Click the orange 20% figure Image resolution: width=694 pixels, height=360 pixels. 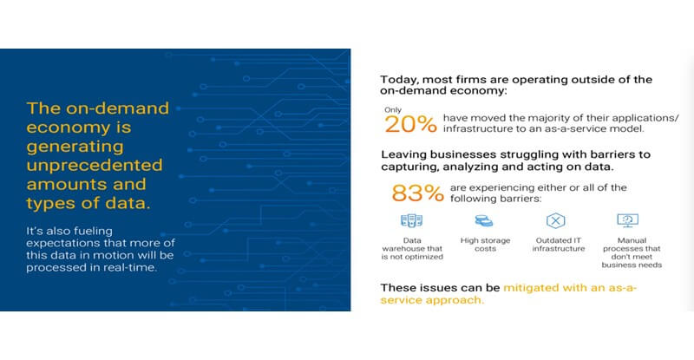410,124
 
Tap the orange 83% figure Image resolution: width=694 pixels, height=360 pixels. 417,193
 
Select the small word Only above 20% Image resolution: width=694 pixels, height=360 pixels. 393,110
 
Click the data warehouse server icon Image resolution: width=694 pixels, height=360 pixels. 411,220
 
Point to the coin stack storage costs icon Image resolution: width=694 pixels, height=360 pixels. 484,220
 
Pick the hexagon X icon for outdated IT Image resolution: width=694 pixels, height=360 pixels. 555,220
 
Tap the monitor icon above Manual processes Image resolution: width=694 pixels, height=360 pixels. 627,220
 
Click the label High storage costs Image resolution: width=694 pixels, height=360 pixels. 486,245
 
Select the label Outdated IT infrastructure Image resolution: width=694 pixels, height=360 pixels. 559,245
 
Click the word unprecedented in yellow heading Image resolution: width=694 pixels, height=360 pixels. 95,165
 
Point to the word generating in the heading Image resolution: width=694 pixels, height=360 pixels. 75,147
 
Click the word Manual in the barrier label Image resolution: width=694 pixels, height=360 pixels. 632,240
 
